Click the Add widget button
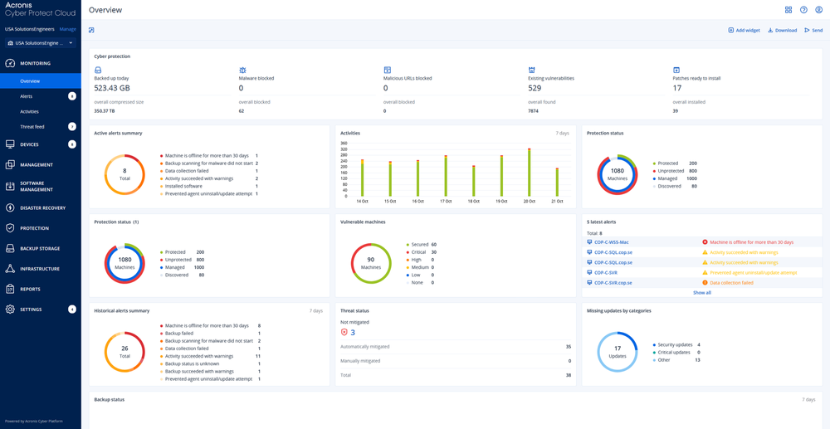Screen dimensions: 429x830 (x=744, y=31)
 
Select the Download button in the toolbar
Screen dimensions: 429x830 (x=782, y=31)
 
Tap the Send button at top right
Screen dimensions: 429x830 (x=813, y=31)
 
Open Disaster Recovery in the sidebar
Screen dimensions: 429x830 (x=42, y=208)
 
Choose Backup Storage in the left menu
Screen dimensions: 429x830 (x=40, y=249)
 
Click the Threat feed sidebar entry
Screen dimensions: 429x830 (x=32, y=127)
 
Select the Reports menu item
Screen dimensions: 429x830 (x=30, y=290)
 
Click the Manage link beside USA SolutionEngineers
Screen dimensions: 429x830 (x=67, y=29)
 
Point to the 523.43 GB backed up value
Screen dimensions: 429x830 (x=112, y=88)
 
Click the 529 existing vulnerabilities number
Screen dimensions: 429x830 (x=535, y=88)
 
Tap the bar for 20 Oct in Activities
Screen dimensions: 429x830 (x=530, y=173)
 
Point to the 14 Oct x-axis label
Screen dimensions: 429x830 (x=362, y=202)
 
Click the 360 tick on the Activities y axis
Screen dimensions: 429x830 (x=344, y=144)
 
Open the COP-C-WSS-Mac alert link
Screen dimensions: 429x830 (x=611, y=242)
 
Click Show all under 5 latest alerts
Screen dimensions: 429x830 (x=701, y=293)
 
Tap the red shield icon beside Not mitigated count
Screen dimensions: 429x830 (x=344, y=333)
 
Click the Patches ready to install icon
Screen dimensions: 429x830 (x=676, y=71)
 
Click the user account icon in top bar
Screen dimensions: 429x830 (x=818, y=10)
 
